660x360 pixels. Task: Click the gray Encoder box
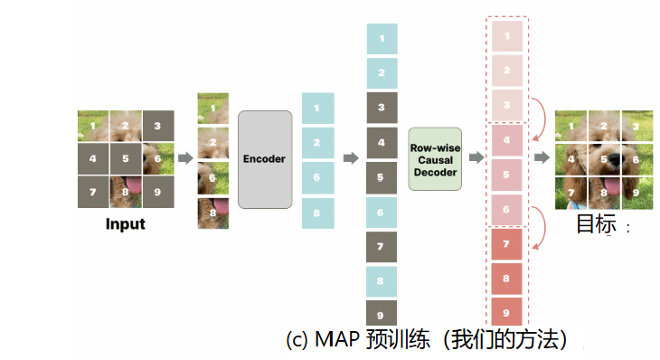(265, 159)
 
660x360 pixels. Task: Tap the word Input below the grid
(126, 223)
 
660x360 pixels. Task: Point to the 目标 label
(596, 223)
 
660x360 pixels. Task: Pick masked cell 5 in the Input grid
(126, 158)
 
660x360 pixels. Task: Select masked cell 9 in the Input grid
(158, 191)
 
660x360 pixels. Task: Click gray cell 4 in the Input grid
(93, 158)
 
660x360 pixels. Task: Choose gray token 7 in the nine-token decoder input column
(382, 246)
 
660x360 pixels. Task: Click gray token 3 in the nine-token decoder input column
(382, 108)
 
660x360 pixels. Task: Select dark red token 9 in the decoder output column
(506, 314)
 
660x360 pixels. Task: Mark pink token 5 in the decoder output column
(506, 175)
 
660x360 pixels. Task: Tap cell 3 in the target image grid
(636, 126)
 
